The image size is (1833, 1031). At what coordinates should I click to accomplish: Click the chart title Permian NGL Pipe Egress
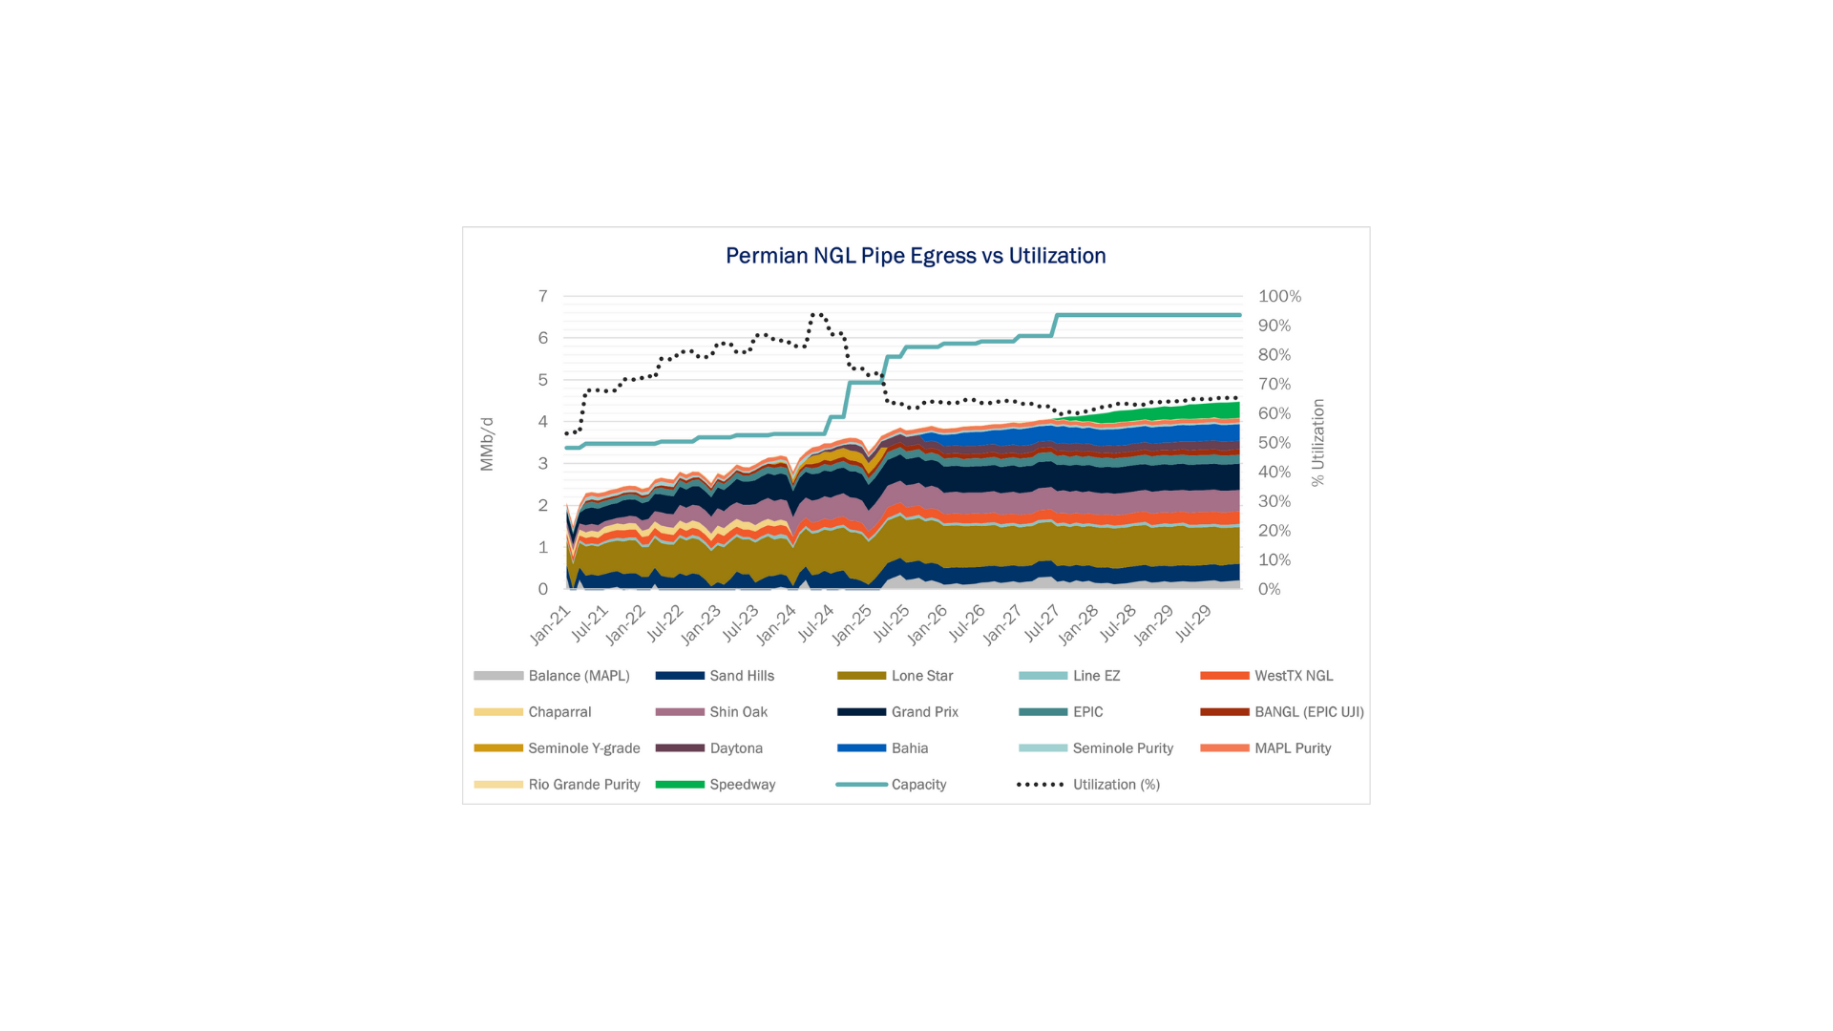click(x=915, y=256)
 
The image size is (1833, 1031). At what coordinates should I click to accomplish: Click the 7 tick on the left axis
click(x=543, y=296)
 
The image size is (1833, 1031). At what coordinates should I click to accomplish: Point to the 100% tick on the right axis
click(x=1279, y=297)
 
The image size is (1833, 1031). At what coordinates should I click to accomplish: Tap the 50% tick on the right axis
click(x=1274, y=443)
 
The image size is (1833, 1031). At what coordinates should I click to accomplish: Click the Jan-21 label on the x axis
click(x=551, y=624)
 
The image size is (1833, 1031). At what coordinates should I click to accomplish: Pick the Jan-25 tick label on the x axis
click(x=852, y=624)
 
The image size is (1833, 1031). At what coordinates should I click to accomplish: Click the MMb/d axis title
click(x=487, y=444)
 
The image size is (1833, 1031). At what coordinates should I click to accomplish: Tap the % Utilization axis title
click(x=1317, y=443)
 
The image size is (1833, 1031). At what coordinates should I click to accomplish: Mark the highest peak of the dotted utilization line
click(x=817, y=313)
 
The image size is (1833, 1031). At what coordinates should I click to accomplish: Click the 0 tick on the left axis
click(x=543, y=589)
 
